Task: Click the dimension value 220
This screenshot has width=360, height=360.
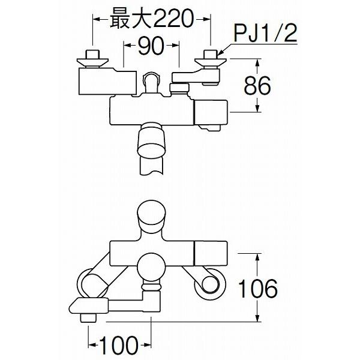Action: tap(172, 19)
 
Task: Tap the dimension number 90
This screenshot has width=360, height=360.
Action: tap(151, 46)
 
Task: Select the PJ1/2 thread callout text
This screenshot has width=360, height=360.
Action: tap(265, 33)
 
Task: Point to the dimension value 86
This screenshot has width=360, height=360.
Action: tap(257, 85)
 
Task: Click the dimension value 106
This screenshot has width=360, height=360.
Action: tap(258, 289)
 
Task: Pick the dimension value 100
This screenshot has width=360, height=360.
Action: tap(119, 345)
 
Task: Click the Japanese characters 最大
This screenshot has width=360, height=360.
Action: tap(130, 19)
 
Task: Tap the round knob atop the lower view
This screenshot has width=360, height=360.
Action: tap(151, 217)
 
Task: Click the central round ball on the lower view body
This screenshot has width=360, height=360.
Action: tap(152, 267)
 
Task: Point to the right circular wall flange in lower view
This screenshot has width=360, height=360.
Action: tap(210, 284)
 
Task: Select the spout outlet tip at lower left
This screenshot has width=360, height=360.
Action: tap(89, 319)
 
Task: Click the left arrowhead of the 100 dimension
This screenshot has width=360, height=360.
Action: tap(92, 345)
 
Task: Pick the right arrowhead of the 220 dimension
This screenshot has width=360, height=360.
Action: tap(206, 20)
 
